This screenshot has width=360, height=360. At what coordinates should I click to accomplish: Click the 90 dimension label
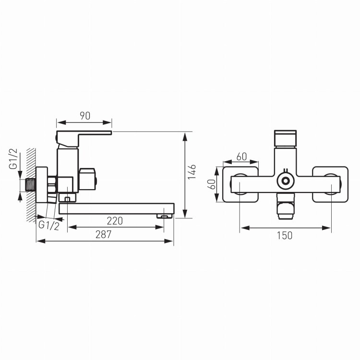[x=85, y=116]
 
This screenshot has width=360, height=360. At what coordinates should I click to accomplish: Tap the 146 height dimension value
[x=192, y=172]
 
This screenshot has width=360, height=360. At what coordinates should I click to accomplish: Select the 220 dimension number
[x=115, y=221]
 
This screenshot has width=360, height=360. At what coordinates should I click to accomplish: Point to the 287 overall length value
[x=104, y=234]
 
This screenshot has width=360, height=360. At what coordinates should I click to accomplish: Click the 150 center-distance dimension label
[x=285, y=236]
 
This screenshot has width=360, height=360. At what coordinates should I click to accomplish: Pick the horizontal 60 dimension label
[x=241, y=157]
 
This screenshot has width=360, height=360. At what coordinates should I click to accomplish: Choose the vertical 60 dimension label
[x=212, y=184]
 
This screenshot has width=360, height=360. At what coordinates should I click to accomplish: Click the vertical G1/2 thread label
[x=13, y=159]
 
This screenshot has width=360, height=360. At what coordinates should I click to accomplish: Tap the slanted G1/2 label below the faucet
[x=48, y=225]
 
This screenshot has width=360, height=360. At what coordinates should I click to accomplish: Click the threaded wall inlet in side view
[x=30, y=185]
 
